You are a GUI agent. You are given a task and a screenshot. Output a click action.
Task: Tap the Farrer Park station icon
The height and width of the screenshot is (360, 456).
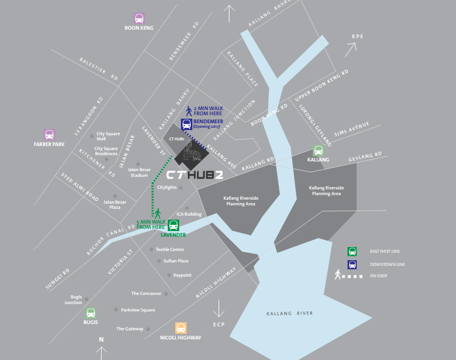(50, 135)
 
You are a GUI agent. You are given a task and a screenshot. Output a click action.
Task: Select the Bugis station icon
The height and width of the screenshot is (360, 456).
(91, 313)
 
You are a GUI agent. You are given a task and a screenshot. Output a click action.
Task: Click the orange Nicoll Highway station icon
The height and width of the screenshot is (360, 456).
(181, 329)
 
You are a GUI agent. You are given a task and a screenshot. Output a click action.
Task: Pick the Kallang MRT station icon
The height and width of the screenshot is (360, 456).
(318, 151)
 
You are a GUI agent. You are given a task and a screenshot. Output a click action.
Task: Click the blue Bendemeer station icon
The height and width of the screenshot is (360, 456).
(186, 124)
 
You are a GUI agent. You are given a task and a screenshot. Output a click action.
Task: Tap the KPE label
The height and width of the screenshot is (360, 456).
(357, 37)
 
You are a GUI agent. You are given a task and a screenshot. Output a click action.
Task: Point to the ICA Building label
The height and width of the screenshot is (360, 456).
(189, 215)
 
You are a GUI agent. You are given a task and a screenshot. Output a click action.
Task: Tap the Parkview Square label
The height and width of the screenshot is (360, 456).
(139, 310)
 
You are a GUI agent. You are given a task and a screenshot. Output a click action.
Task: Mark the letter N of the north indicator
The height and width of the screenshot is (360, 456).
(101, 339)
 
